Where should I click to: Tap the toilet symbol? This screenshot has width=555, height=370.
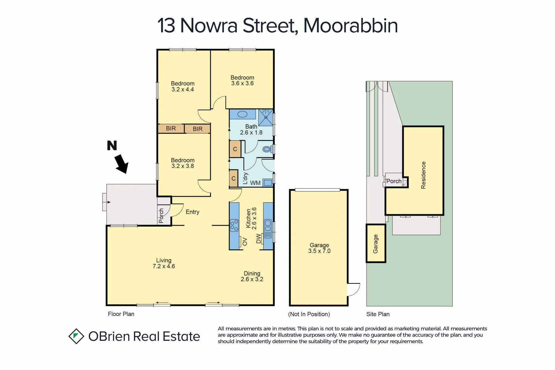[x=267, y=149]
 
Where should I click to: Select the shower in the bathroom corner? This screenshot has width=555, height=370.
[x=266, y=117]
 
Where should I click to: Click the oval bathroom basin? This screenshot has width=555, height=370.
[x=242, y=114]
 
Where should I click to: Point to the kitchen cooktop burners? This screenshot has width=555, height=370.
[x=234, y=225]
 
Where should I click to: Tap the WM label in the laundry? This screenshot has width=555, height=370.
[x=255, y=183]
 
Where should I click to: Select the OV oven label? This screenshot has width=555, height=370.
[x=245, y=241]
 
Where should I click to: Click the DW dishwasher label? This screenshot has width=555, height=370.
[x=259, y=238]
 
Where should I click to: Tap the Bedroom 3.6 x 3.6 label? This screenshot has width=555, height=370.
[x=242, y=80]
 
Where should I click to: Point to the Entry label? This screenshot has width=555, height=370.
[x=193, y=212]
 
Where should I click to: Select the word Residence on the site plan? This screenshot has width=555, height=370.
[x=423, y=175]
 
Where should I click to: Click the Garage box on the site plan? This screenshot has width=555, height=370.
[x=376, y=243]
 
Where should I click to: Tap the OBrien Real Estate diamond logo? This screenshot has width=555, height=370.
[x=76, y=336]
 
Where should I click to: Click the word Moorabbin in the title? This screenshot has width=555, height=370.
[x=350, y=26]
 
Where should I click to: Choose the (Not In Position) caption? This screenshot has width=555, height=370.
[x=309, y=314]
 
